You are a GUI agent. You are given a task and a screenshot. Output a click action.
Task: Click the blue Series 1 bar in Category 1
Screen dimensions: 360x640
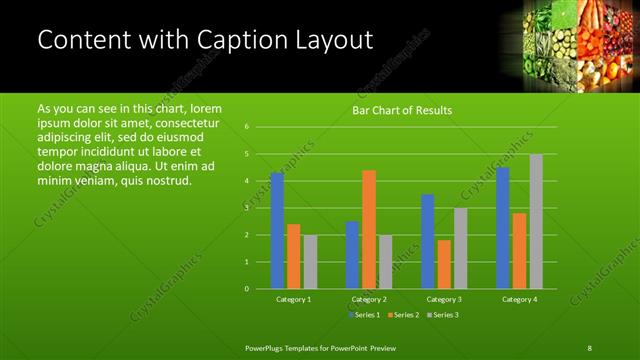click(x=277, y=230)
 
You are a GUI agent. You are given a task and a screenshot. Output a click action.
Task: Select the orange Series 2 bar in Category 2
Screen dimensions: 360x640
click(x=369, y=229)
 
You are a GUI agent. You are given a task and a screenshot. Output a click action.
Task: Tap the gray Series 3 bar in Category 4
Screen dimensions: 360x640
click(x=536, y=221)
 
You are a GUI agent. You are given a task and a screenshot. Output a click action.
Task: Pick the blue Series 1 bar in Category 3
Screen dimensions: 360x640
click(x=428, y=241)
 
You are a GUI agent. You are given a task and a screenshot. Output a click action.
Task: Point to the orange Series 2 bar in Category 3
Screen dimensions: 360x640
click(x=444, y=264)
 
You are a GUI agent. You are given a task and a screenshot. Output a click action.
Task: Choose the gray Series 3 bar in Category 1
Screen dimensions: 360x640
click(x=310, y=261)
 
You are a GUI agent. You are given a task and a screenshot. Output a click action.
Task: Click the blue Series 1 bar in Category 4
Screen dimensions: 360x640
click(x=503, y=227)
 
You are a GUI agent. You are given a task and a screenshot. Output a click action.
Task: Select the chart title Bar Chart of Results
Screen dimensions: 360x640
click(x=402, y=110)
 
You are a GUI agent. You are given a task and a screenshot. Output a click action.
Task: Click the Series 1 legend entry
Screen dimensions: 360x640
click(x=364, y=315)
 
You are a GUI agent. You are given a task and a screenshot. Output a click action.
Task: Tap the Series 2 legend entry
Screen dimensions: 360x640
click(x=403, y=315)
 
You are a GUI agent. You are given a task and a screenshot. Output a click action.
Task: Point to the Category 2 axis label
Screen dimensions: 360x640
click(x=369, y=299)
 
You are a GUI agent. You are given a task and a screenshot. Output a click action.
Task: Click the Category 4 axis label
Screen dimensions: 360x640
click(x=519, y=299)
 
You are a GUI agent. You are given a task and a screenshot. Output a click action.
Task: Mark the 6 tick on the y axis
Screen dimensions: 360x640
click(x=247, y=127)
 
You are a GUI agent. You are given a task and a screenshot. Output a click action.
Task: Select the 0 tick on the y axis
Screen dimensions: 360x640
click(x=247, y=289)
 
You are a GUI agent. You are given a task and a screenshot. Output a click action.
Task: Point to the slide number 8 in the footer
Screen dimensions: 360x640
click(x=589, y=347)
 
